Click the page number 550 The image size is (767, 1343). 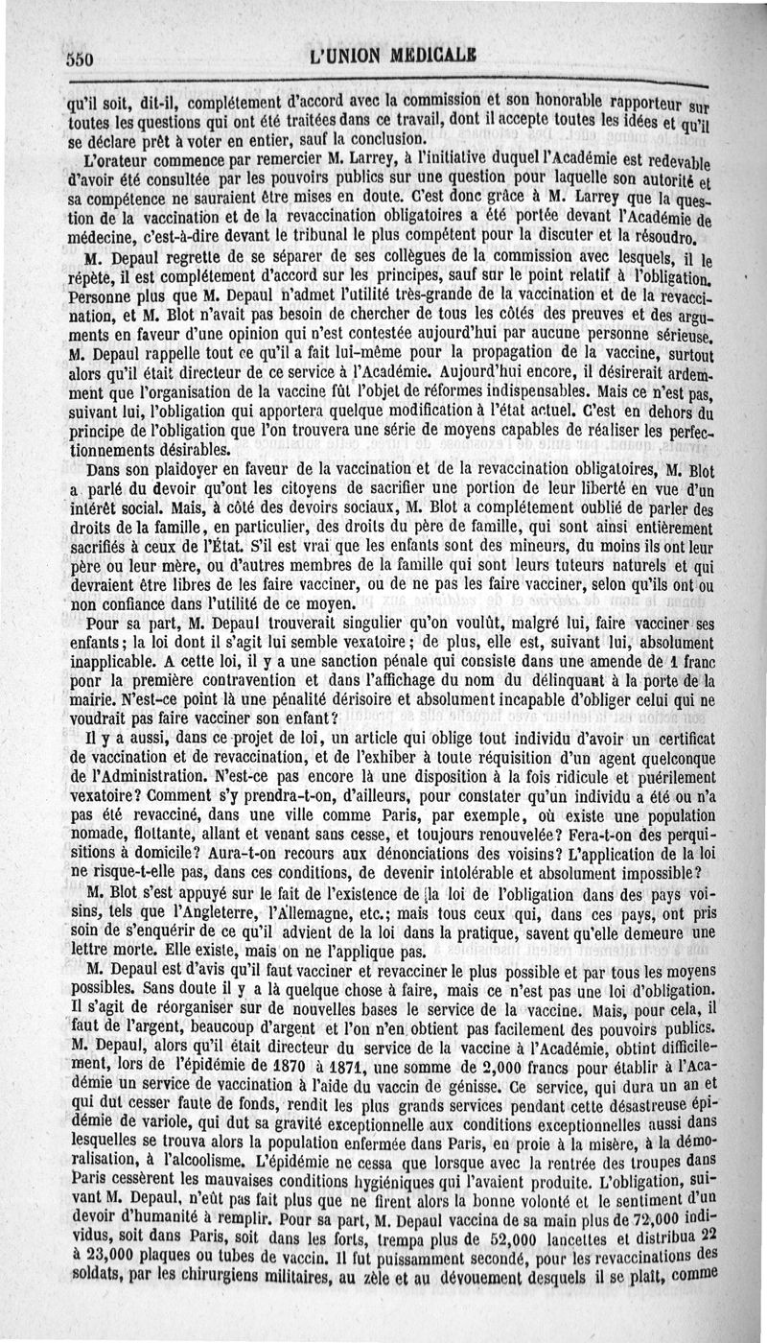79,59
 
